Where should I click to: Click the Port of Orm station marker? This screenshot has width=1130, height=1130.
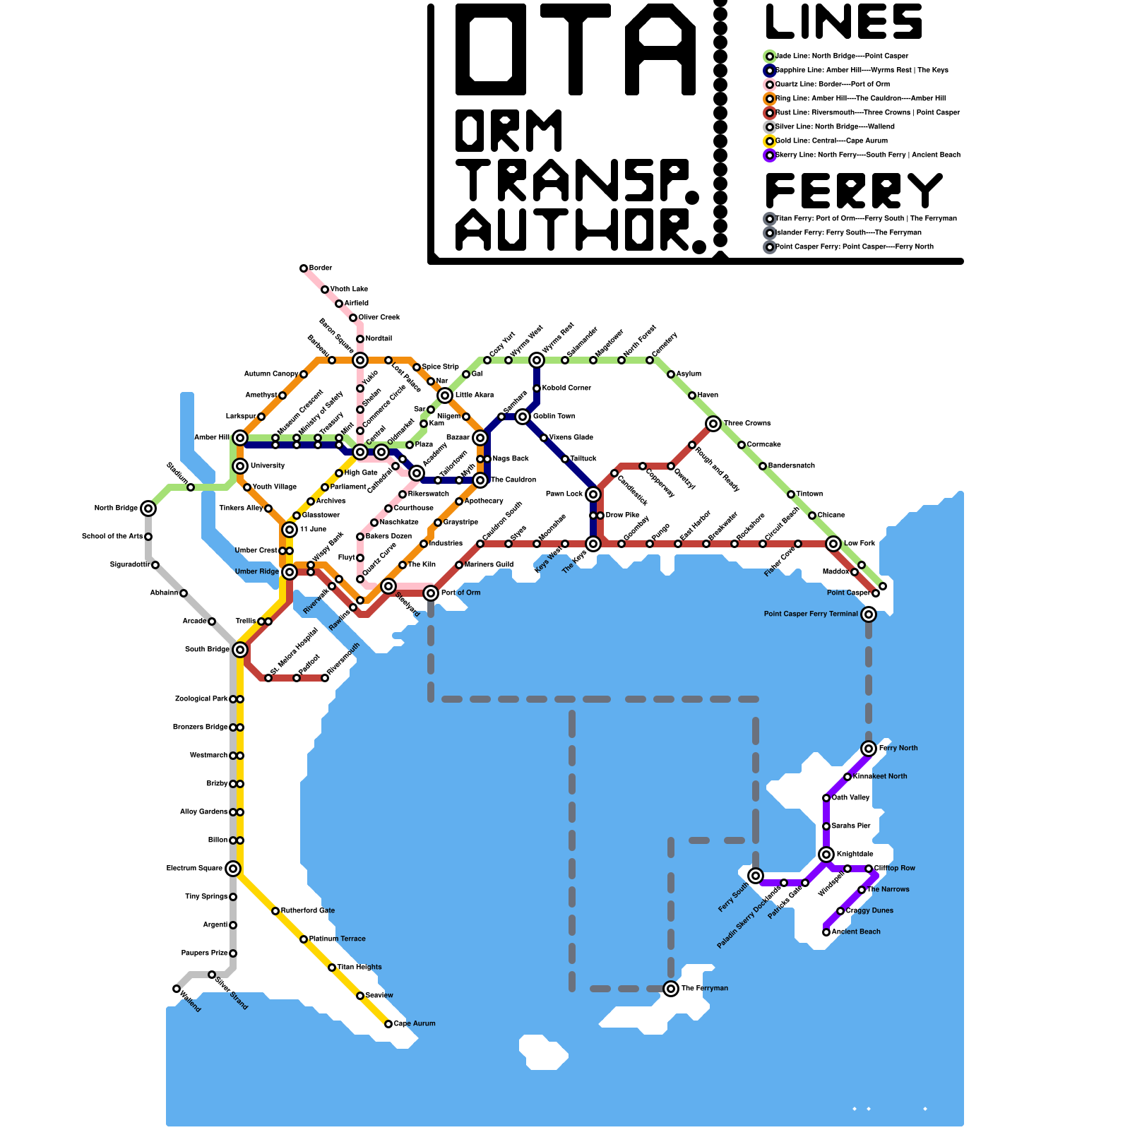431,593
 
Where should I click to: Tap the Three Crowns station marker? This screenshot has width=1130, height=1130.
713,424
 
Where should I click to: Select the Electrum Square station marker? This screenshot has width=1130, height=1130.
233,869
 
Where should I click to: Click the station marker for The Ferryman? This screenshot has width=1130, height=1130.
671,989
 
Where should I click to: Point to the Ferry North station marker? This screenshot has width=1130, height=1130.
869,749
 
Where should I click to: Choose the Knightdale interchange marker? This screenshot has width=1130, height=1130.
826,855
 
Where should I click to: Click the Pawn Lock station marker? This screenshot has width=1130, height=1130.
593,494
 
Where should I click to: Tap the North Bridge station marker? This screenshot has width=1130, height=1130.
148,509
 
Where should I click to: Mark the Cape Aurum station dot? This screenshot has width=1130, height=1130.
388,1024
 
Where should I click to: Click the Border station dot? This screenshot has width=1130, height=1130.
304,268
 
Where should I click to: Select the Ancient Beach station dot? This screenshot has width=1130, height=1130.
826,932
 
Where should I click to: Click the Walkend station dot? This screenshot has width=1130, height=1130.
177,989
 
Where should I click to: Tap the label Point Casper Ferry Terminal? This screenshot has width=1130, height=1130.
811,614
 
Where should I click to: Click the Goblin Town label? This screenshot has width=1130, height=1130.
554,417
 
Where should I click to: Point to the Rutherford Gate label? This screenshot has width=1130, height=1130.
307,911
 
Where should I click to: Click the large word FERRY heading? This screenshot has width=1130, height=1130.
855,191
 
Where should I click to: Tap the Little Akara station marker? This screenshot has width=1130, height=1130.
445,395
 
